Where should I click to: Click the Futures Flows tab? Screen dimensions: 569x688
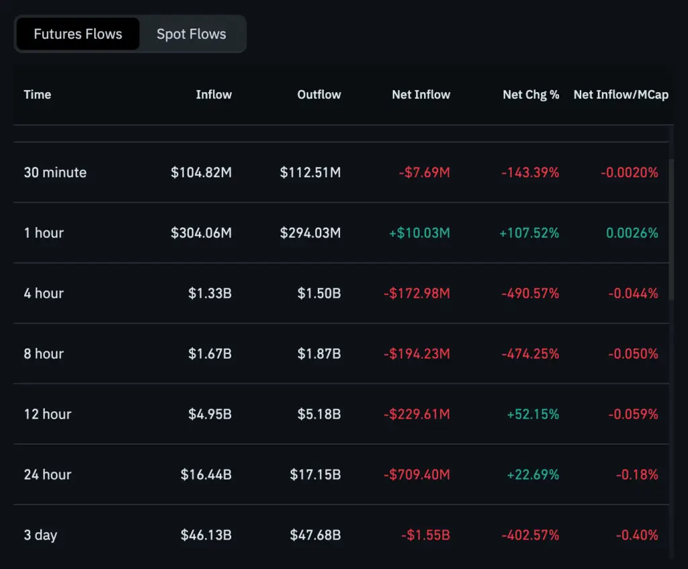78,34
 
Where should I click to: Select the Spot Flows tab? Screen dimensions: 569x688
191,34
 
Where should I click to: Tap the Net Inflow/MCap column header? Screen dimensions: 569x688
621,95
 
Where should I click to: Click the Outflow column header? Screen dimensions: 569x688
319,95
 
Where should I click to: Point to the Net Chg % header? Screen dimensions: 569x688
531,95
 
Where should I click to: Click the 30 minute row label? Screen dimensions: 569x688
55,173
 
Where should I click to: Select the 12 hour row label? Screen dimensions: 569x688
48,414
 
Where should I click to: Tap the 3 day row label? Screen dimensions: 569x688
40,535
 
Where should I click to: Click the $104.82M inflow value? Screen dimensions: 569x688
201,173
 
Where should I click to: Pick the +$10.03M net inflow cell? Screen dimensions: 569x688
419,233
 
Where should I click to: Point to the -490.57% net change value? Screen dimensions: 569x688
530,294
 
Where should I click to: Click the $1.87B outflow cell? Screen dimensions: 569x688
319,354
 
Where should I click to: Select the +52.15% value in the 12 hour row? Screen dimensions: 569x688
533,414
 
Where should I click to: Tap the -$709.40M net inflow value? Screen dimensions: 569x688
417,475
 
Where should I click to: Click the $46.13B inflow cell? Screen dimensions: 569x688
206,535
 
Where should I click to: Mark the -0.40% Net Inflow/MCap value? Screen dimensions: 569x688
637,535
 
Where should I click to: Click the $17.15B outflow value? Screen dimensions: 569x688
315,475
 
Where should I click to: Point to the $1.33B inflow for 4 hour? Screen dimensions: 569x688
210,294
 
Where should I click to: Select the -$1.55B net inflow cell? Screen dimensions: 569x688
425,535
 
